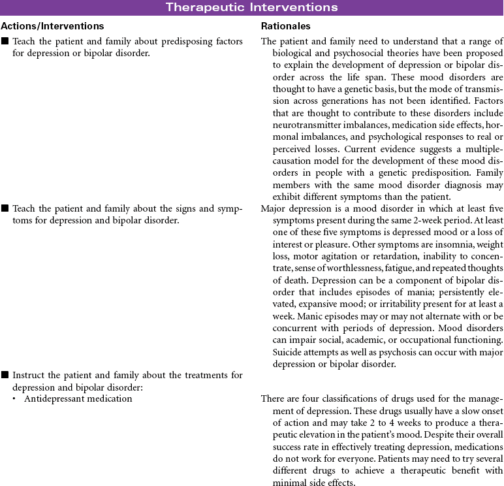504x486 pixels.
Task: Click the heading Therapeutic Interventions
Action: click(251, 7)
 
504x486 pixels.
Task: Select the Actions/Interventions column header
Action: click(52, 26)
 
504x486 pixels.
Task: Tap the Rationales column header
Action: click(285, 26)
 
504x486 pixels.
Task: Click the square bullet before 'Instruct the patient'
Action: click(5, 376)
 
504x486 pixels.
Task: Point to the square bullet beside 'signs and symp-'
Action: click(5, 209)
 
